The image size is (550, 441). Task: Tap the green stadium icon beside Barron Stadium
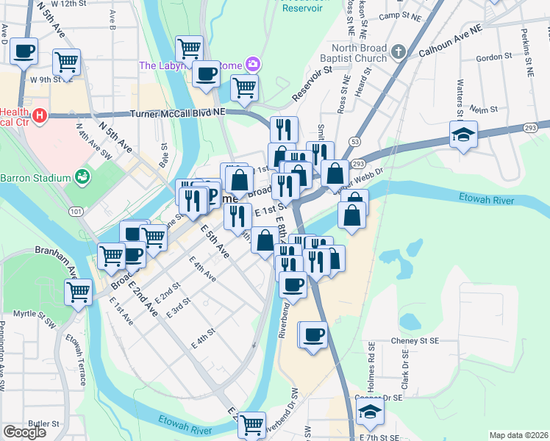(82, 177)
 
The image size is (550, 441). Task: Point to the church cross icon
(399, 52)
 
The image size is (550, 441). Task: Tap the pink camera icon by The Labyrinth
(253, 65)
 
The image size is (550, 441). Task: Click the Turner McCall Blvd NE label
(181, 114)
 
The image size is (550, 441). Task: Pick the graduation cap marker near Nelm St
(464, 135)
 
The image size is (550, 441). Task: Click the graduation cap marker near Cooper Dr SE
(371, 412)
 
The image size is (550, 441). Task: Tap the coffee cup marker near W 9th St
(24, 51)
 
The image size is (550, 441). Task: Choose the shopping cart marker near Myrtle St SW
(78, 293)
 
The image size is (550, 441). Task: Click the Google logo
(24, 432)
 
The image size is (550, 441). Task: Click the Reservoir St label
(312, 84)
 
